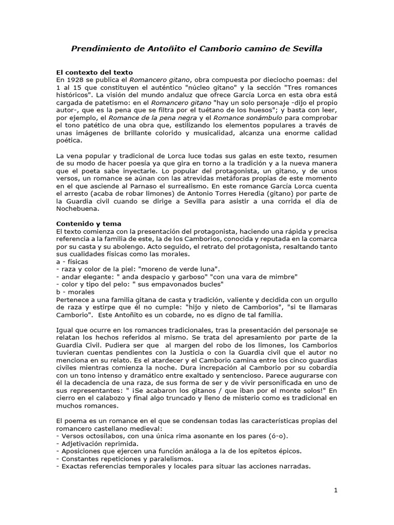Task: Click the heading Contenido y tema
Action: [88, 224]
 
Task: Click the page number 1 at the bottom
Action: [336, 490]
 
